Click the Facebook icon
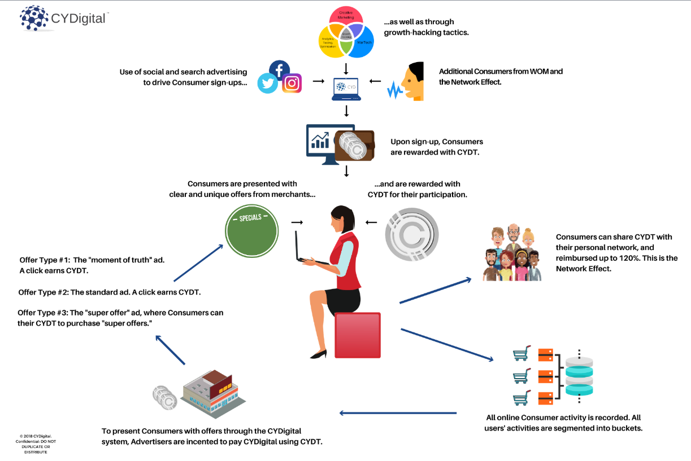pyautogui.click(x=279, y=70)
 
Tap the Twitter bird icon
pyautogui.click(x=267, y=84)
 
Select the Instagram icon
pyautogui.click(x=292, y=84)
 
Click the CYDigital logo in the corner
pyautogui.click(x=62, y=18)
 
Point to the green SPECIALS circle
pyautogui.click(x=251, y=231)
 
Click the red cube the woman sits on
pyautogui.click(x=357, y=335)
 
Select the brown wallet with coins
pyautogui.click(x=354, y=146)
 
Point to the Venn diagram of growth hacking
pyautogui.click(x=346, y=33)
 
